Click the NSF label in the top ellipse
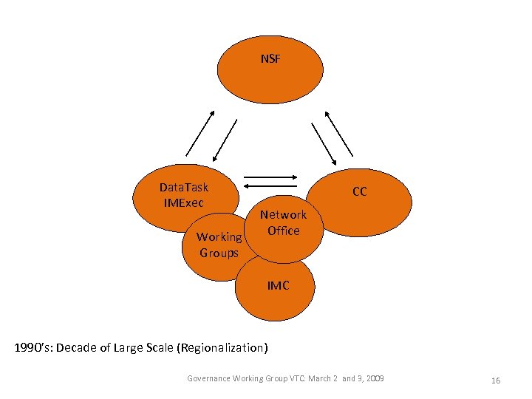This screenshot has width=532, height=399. pos(270,59)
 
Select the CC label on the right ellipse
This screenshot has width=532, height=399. pos(359,192)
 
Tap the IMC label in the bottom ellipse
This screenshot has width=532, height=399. pos(278,285)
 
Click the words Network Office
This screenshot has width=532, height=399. pos(283,222)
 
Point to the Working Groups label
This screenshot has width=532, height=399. pos(219,245)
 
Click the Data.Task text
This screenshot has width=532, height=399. pos(184,188)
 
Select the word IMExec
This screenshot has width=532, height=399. pos(184,202)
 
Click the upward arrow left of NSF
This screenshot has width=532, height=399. pos(199,133)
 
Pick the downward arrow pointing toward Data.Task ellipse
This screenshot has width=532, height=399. pos(225,140)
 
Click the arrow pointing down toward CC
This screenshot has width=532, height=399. pos(324,143)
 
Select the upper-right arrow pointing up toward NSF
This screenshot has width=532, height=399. pos(339,134)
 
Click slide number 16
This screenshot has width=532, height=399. pos(496,380)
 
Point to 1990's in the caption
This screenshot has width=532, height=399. pos(33,347)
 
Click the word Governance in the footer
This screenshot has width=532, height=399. pos(209,378)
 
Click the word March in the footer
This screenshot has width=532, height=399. pos(318,378)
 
